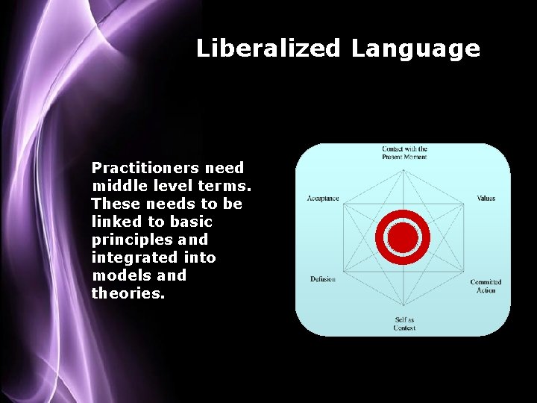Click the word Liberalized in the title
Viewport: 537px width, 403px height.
click(268, 49)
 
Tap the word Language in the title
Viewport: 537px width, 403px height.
click(415, 50)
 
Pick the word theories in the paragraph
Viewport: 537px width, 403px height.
click(126, 294)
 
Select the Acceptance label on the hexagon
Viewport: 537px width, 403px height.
click(323, 199)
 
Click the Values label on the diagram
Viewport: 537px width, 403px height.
click(486, 199)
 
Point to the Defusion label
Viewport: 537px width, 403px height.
click(323, 279)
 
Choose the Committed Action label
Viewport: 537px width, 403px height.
click(486, 286)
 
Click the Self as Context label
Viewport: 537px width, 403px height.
click(404, 324)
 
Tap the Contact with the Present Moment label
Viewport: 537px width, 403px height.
click(404, 153)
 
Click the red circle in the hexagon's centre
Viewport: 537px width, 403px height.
click(403, 237)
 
